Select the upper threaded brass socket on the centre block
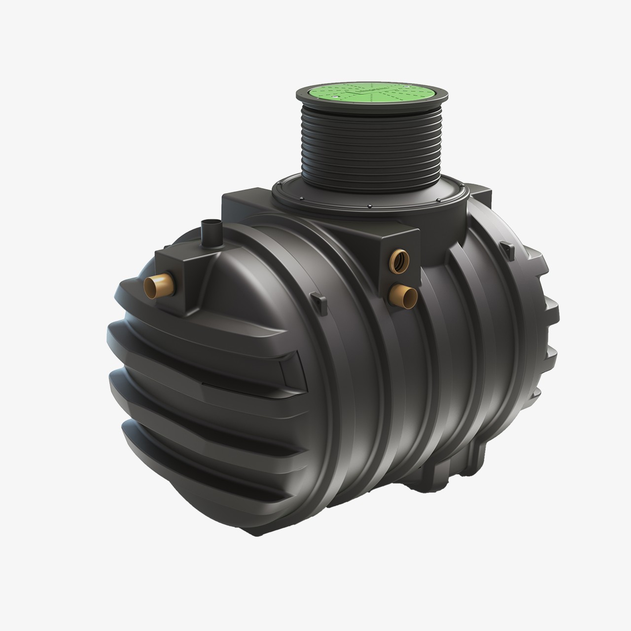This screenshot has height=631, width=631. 397,259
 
